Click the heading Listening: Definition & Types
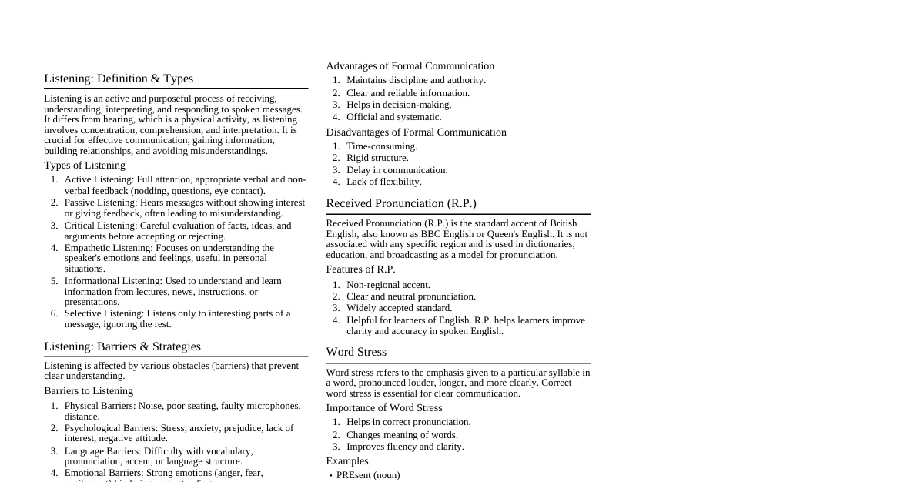click(119, 79)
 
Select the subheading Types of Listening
click(85, 166)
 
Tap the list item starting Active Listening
click(185, 185)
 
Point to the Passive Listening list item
click(185, 208)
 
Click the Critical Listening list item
click(178, 231)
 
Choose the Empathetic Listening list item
click(169, 258)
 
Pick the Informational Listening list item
click(173, 291)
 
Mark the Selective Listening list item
click(177, 319)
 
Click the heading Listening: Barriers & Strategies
click(122, 346)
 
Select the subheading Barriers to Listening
click(89, 391)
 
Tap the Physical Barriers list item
click(182, 411)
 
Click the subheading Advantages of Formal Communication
click(410, 66)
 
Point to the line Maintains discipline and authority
click(416, 80)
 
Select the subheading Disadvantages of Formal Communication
click(417, 132)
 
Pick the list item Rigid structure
click(377, 158)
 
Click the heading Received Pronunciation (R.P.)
click(401, 203)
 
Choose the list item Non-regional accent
click(388, 285)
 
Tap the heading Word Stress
click(356, 352)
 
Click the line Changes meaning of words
click(402, 435)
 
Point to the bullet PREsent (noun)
click(368, 475)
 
